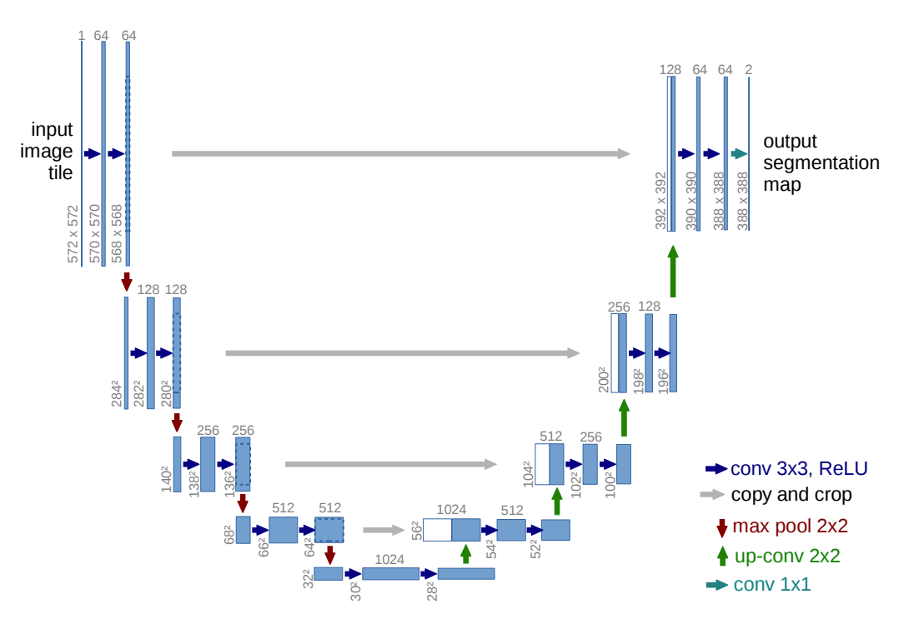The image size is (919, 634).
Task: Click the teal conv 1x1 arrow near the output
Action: click(x=739, y=154)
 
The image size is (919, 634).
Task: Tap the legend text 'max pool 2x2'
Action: click(x=790, y=526)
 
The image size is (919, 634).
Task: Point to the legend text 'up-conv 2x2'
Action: click(x=787, y=556)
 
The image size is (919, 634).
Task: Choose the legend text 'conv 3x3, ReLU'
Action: click(x=799, y=468)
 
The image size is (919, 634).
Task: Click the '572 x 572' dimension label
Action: click(x=73, y=234)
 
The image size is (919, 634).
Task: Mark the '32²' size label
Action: click(x=308, y=578)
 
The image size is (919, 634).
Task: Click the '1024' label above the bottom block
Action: click(x=389, y=560)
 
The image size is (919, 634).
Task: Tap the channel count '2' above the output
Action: click(x=748, y=70)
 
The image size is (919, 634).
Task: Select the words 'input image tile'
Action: click(x=47, y=151)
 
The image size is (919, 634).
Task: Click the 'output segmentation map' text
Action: click(x=821, y=162)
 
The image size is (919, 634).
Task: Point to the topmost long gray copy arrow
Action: click(x=401, y=154)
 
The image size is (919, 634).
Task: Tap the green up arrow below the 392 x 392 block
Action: click(x=673, y=271)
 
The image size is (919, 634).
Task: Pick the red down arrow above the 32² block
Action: click(x=330, y=555)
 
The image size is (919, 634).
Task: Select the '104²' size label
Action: click(x=528, y=474)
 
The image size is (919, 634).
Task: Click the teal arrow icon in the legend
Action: click(x=717, y=585)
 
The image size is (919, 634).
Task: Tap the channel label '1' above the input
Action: click(x=82, y=36)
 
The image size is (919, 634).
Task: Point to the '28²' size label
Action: click(x=432, y=592)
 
